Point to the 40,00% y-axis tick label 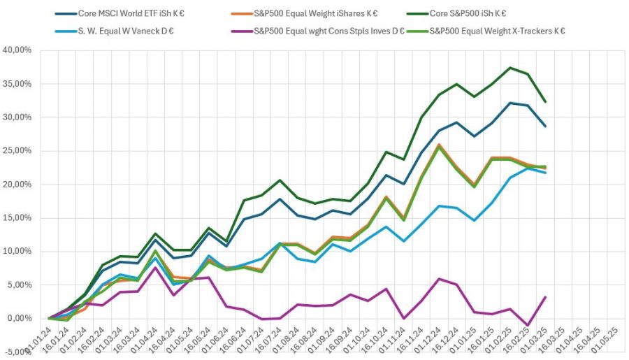[18, 50]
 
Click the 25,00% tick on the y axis [18, 151]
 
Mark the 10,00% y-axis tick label [18, 252]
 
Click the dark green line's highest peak [511, 68]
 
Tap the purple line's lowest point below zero [528, 326]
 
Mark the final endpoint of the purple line [545, 297]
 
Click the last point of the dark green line [545, 102]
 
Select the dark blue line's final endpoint [545, 127]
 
